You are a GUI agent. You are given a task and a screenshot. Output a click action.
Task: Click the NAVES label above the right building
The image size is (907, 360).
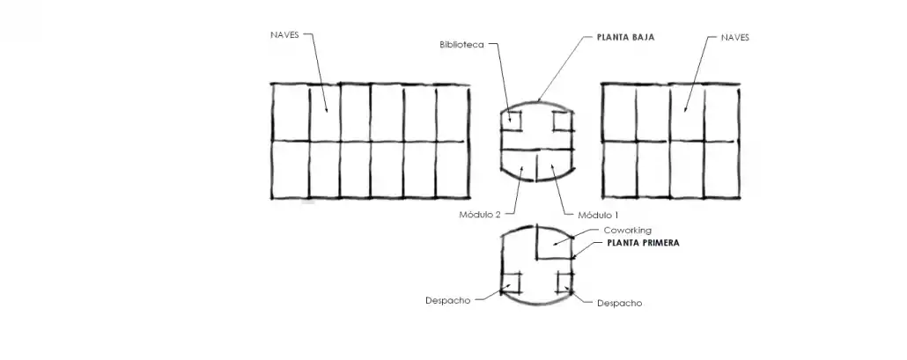pyautogui.click(x=734, y=38)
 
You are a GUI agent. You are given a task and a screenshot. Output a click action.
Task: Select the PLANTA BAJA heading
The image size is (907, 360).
pyautogui.click(x=625, y=38)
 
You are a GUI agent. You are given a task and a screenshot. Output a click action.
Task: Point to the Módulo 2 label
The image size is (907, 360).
pyautogui.click(x=479, y=215)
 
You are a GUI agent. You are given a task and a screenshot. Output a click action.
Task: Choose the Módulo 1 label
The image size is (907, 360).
pyautogui.click(x=599, y=215)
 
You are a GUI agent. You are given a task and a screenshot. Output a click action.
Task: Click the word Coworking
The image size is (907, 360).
pyautogui.click(x=627, y=231)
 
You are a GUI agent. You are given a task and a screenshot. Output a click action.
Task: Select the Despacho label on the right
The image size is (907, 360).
pyautogui.click(x=619, y=304)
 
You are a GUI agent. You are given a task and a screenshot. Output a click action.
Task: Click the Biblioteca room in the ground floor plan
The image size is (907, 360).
pyautogui.click(x=512, y=121)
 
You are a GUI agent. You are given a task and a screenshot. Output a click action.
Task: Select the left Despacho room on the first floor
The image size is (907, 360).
pyautogui.click(x=512, y=282)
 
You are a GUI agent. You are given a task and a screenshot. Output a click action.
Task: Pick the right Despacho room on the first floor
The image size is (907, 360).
pyautogui.click(x=564, y=281)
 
